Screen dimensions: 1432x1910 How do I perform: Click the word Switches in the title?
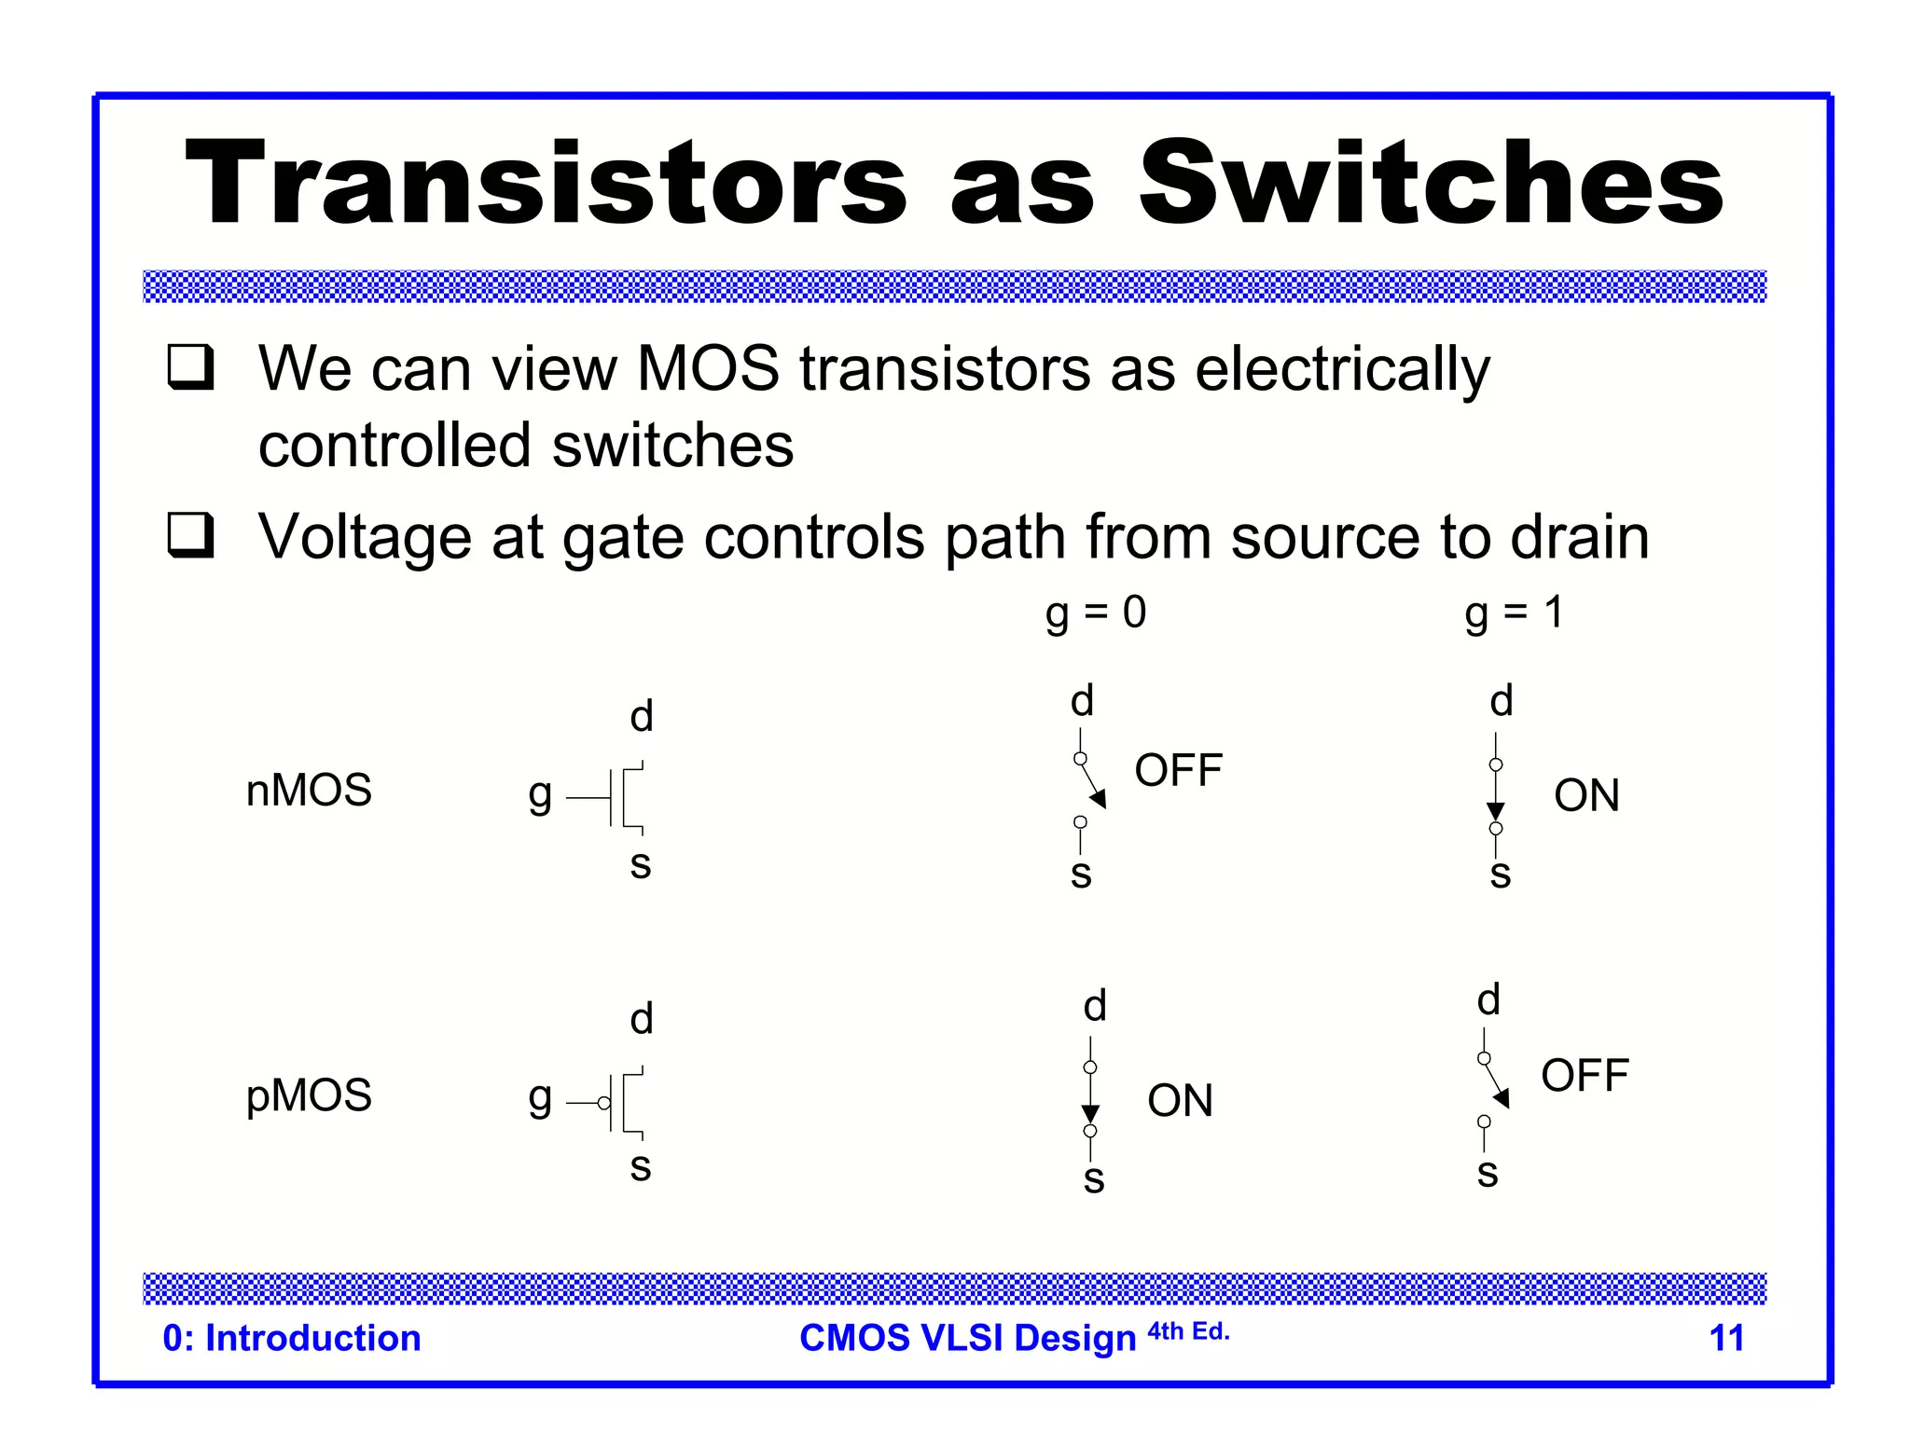[x=1431, y=183]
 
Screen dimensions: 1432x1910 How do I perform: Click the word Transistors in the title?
[x=547, y=183]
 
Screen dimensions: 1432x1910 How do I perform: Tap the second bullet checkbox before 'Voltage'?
[x=190, y=535]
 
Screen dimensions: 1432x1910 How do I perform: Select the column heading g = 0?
[x=1095, y=613]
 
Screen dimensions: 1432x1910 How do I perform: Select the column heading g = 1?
[x=1514, y=613]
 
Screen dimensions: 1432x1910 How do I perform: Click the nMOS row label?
[x=309, y=791]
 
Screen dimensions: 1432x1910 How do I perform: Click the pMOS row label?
[x=309, y=1095]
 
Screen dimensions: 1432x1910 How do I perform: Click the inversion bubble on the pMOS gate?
[x=604, y=1103]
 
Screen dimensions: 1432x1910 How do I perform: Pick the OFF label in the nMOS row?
[x=1178, y=771]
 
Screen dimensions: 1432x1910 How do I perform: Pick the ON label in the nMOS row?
[x=1586, y=796]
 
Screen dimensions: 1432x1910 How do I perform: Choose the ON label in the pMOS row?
[x=1180, y=1101]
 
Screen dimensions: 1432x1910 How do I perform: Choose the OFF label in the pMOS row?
[x=1585, y=1076]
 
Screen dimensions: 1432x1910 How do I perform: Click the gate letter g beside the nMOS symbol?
[x=540, y=795]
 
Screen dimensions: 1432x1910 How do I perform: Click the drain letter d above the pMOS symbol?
[x=642, y=1019]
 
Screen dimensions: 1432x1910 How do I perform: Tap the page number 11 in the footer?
[x=1726, y=1338]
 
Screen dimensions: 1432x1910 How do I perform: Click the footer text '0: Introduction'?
[x=292, y=1338]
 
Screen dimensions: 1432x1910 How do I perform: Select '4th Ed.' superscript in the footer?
[x=1188, y=1331]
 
